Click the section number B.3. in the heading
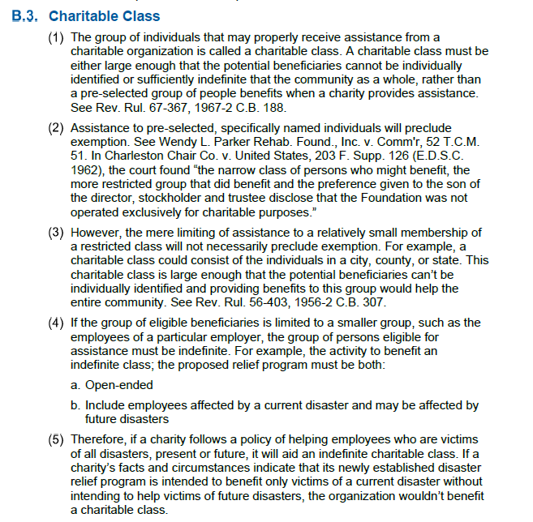coord(29,16)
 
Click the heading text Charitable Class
coord(105,16)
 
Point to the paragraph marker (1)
coord(58,37)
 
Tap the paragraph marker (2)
coord(58,128)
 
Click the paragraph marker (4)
coord(58,323)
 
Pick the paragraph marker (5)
coord(58,439)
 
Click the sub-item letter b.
coord(76,405)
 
